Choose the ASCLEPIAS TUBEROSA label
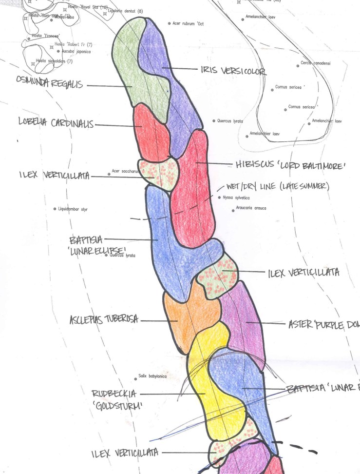[104, 320]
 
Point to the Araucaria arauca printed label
[251, 208]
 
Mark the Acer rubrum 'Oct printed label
[187, 23]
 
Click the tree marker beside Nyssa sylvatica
[219, 197]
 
